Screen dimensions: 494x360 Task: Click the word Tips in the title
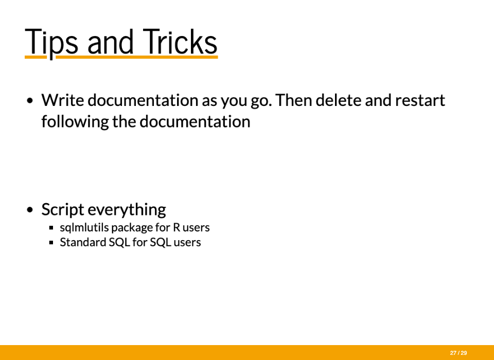tap(51, 43)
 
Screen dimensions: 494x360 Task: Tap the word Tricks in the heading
tap(180, 41)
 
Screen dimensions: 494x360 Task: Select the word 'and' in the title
tap(110, 42)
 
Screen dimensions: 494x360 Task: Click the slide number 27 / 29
tap(458, 353)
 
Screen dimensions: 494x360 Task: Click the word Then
tap(294, 100)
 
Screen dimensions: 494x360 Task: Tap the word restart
tap(420, 100)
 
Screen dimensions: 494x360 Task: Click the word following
tap(75, 122)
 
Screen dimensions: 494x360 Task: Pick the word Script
tap(63, 210)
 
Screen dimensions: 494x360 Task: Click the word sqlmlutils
tap(84, 227)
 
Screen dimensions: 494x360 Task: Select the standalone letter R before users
tap(176, 227)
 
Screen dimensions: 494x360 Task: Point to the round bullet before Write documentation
tap(30, 101)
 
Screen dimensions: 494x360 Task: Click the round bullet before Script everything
tap(30, 210)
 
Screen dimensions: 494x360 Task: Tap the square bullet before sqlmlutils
tap(51, 227)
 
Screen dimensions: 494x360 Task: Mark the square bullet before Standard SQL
tap(51, 243)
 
